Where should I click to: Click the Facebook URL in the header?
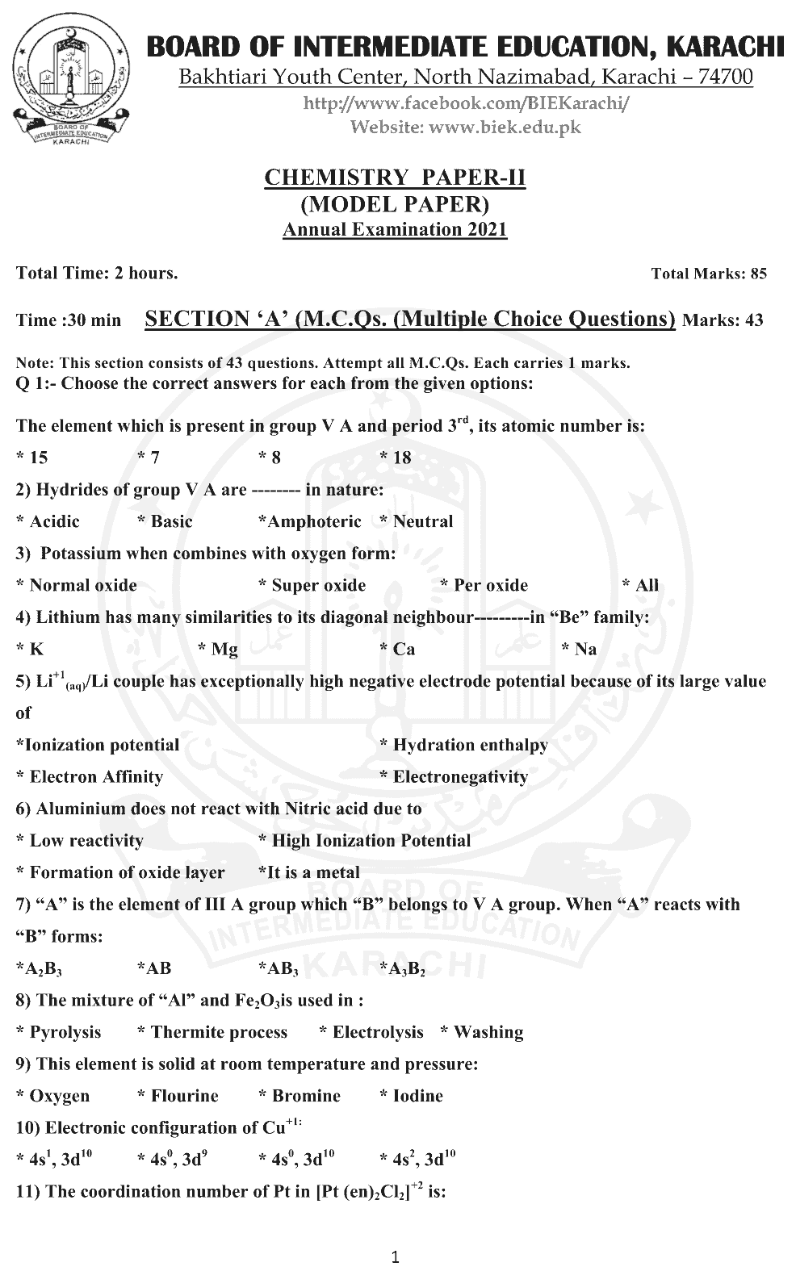pos(467,103)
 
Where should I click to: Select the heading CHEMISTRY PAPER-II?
pos(395,178)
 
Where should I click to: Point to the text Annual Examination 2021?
pos(395,229)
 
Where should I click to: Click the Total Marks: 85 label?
pos(709,274)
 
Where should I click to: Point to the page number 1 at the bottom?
pos(395,1256)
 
